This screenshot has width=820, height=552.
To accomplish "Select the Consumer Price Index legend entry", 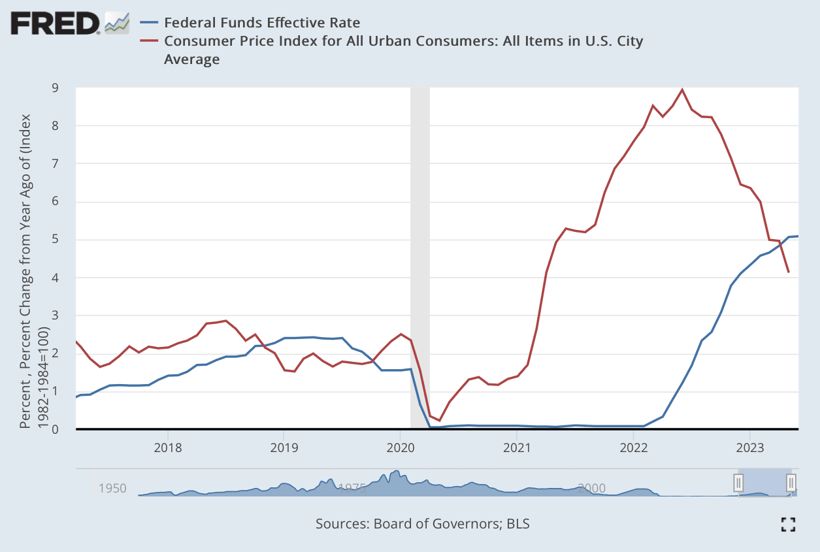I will pos(403,42).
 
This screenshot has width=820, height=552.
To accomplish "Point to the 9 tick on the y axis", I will pos(64,88).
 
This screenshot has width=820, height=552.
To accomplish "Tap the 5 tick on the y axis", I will pos(64,240).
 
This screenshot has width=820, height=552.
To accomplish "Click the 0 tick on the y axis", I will pos(64,429).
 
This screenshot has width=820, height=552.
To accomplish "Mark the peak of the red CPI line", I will pos(682,89).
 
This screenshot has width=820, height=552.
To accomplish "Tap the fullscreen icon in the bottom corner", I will pos(788,523).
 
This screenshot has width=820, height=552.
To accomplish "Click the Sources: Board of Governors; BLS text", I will pos(422,523).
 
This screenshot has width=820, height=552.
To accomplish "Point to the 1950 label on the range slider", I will pos(113,488).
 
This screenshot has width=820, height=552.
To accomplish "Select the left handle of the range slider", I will pos(738,483).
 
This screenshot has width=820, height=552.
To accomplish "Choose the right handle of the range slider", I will pos(791,483).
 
